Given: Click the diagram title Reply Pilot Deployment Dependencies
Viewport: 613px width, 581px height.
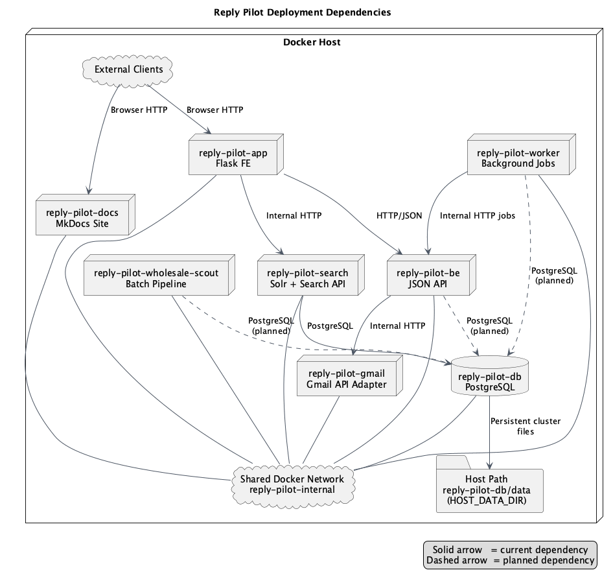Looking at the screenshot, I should [x=302, y=12].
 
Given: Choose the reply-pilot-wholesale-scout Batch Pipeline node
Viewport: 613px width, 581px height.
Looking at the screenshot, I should [x=156, y=278].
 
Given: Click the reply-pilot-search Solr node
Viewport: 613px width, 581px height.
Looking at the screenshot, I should [x=307, y=278].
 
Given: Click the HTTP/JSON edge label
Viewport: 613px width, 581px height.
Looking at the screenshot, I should [x=399, y=216].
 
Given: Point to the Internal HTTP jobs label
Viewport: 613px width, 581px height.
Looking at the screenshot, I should [x=478, y=216].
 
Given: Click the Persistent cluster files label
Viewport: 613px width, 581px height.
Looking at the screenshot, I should [x=526, y=426].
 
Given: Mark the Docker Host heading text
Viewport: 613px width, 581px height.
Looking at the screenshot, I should [x=312, y=43].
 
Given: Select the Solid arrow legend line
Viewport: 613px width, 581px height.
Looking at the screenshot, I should [x=510, y=550].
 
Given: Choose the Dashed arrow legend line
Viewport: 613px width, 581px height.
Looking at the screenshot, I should [x=510, y=560].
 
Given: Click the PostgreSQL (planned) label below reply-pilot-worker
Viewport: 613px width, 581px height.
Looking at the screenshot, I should [x=553, y=276].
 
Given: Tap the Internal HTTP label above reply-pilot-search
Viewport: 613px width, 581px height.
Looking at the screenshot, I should [x=294, y=216].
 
